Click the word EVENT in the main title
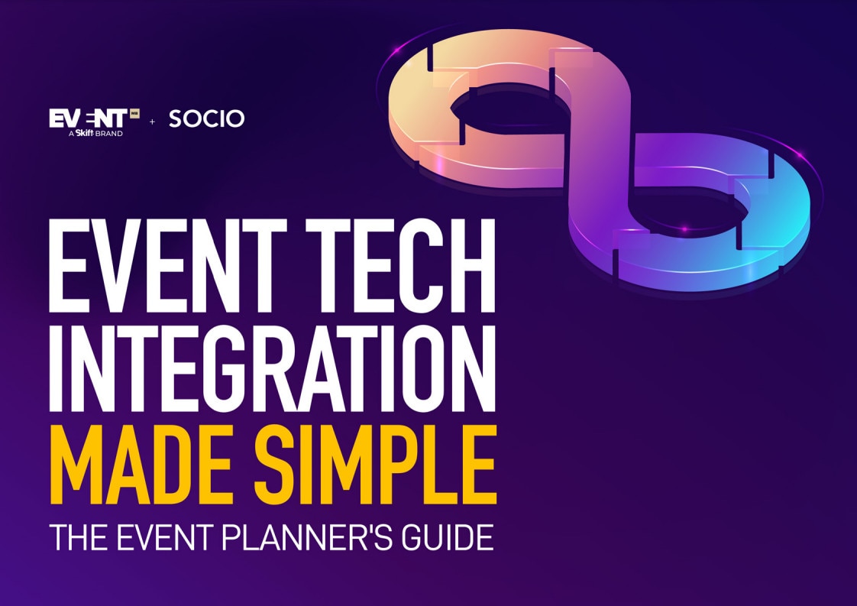(168, 265)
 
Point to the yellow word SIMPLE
(376, 465)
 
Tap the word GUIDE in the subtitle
(447, 538)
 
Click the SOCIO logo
(206, 118)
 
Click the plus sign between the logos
(153, 122)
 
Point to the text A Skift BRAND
(95, 133)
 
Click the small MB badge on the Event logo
(134, 113)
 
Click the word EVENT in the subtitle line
(164, 538)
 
